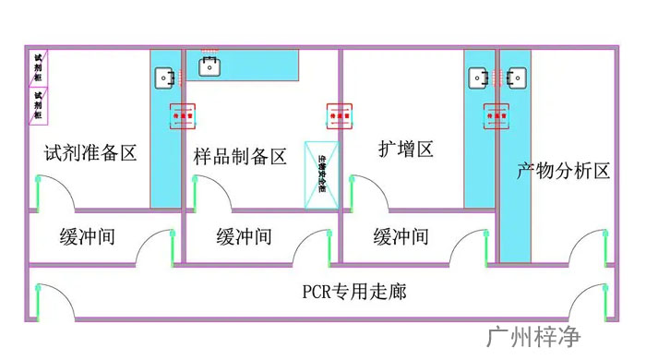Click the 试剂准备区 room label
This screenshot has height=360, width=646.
coord(90,153)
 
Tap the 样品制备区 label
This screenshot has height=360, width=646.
coord(240,156)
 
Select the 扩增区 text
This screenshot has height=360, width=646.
coord(406,148)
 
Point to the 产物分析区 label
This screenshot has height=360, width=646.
coord(564,171)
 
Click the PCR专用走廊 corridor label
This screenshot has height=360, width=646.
coord(354,293)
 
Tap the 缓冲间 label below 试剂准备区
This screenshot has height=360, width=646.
coord(88,236)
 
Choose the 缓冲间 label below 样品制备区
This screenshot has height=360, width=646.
coord(245,236)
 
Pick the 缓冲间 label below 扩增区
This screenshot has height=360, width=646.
coord(401,236)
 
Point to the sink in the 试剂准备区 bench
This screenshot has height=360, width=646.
coord(165,78)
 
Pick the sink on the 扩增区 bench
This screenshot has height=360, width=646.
coord(479,78)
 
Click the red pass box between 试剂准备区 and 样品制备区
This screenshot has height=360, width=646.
coord(182,117)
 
